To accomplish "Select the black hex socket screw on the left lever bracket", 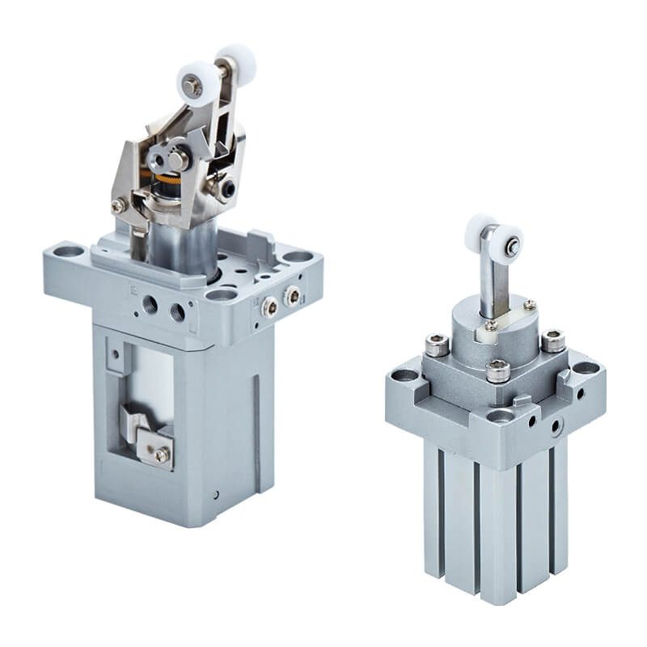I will [226, 188].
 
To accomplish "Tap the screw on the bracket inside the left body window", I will [162, 455].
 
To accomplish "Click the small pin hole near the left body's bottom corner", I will [216, 494].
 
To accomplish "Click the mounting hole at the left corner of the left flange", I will [66, 252].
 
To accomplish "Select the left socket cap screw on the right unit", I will [438, 348].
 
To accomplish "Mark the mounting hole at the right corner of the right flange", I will [586, 368].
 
